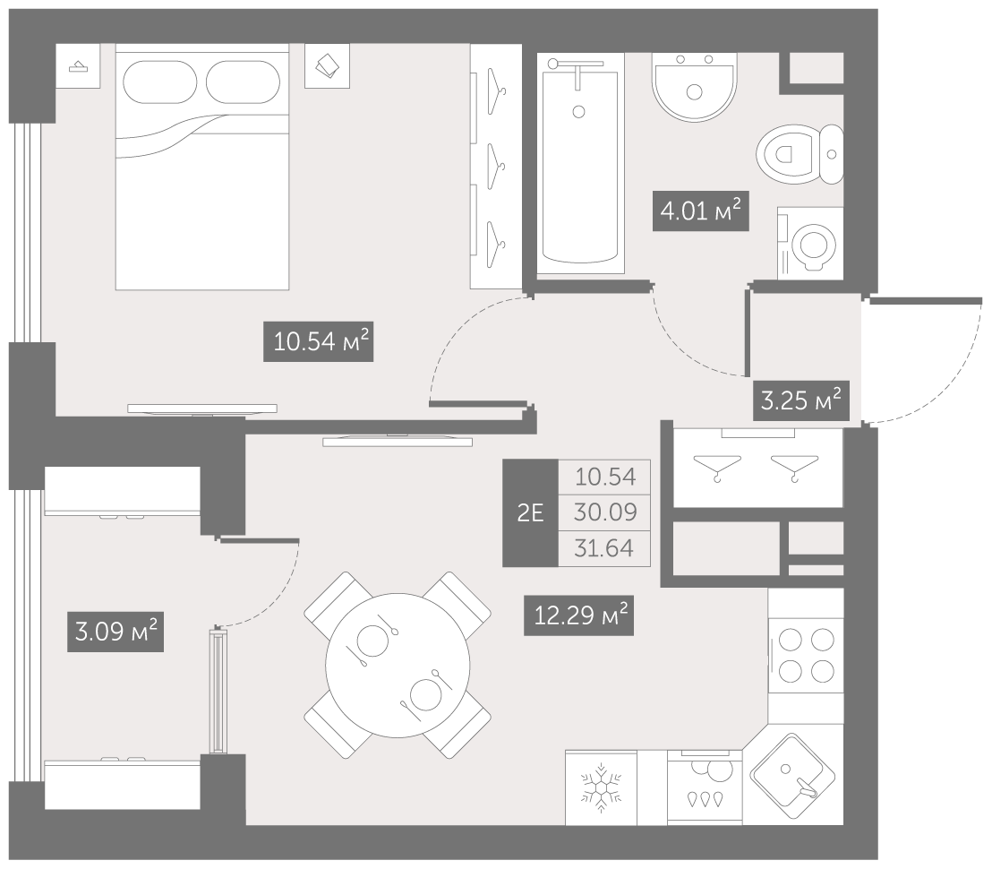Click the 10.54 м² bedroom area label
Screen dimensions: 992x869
click(x=318, y=342)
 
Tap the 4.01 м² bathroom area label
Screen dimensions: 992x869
click(x=700, y=211)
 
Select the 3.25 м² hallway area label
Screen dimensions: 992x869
click(x=800, y=400)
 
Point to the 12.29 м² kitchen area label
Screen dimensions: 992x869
click(x=578, y=615)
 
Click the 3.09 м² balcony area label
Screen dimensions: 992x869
click(x=115, y=632)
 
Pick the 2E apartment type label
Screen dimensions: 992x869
click(x=530, y=512)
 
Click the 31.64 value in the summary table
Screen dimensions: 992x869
click(x=604, y=548)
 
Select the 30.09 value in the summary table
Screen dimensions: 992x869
click(x=605, y=512)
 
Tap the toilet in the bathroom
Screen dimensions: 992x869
click(x=800, y=154)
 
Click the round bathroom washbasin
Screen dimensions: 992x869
click(x=695, y=87)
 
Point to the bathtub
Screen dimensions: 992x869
click(x=580, y=164)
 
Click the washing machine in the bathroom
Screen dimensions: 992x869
click(x=810, y=243)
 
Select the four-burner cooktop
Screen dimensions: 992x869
click(x=806, y=655)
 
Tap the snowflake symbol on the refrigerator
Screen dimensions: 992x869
click(x=601, y=788)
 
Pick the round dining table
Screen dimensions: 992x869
click(x=398, y=666)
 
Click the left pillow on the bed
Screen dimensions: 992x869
click(x=160, y=82)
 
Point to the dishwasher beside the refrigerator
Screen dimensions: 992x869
click(x=705, y=787)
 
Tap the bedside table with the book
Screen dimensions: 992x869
click(x=327, y=65)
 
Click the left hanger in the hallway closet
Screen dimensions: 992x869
click(x=717, y=467)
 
